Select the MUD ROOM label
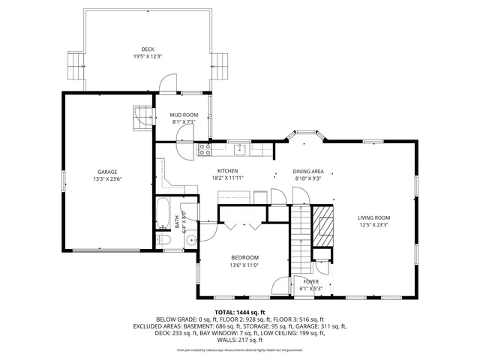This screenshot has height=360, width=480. [183, 115]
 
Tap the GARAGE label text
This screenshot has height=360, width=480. [106, 172]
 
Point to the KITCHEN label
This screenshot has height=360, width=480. [227, 171]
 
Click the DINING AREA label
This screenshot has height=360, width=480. [307, 171]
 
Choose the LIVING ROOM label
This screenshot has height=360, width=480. [373, 217]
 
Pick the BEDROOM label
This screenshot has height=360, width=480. [244, 257]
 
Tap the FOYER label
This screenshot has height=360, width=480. [310, 281]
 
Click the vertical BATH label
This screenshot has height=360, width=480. [178, 223]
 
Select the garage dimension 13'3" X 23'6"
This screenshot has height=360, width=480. [106, 179]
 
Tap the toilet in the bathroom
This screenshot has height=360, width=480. [166, 240]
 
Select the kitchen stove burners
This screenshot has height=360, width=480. [205, 150]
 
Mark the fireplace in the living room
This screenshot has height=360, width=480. [322, 223]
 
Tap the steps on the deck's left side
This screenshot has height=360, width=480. [76, 66]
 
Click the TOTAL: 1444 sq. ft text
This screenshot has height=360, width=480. [240, 312]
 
